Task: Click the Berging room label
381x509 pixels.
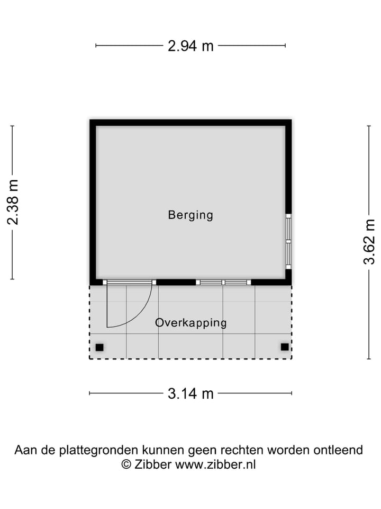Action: [190, 215]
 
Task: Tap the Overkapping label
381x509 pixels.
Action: [191, 322]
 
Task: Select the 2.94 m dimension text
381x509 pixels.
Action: [190, 46]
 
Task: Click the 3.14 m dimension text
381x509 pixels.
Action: [190, 393]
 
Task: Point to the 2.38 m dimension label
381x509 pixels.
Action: [13, 202]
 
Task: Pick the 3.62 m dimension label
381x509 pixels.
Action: [369, 242]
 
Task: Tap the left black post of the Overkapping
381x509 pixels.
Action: [99, 348]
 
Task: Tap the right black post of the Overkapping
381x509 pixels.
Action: [285, 347]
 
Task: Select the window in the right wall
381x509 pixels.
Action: [288, 241]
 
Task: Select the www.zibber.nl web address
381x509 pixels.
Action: [215, 464]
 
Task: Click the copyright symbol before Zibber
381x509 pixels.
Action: [126, 464]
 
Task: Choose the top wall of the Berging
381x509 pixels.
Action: [190, 122]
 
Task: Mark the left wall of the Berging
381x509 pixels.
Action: [93, 201]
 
